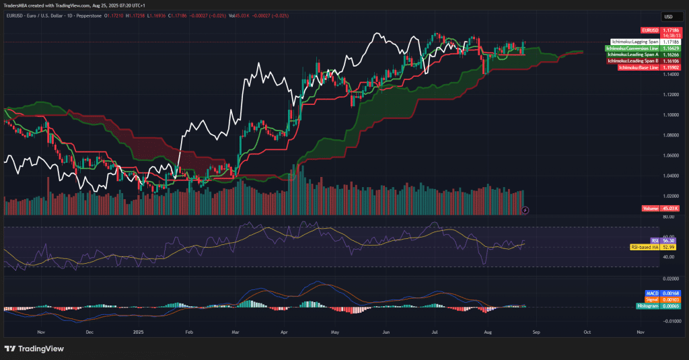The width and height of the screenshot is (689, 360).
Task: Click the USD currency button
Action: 668,17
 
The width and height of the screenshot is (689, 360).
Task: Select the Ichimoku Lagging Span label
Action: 634,42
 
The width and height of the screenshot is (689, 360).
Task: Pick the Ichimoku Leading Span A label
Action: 632,55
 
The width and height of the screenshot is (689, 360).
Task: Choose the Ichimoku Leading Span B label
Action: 632,61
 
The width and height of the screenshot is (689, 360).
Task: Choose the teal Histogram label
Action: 647,306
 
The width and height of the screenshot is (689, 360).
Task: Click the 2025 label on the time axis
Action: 139,332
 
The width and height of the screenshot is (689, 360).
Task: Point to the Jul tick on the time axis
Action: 435,332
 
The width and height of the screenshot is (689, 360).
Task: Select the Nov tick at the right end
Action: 640,332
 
